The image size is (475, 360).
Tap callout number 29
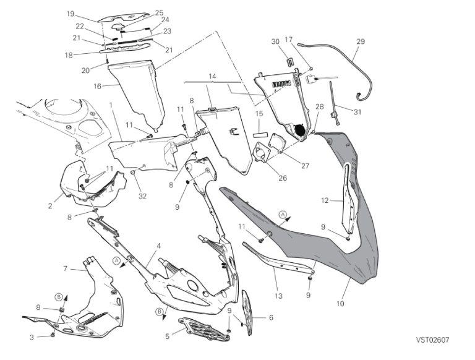(361, 41)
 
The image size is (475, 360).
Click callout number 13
(279, 296)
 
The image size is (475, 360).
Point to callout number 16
(96, 86)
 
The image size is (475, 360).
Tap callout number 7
(65, 268)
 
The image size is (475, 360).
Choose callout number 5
(167, 336)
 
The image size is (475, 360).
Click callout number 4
(159, 246)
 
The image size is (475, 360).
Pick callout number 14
(213, 76)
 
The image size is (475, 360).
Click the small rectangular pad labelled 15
(260, 132)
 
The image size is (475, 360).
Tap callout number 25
(159, 12)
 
